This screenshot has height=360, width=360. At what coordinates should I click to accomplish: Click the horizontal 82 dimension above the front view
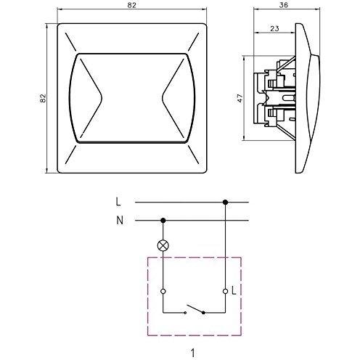(x=132, y=5)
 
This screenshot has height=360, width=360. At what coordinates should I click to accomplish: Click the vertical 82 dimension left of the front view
(x=43, y=98)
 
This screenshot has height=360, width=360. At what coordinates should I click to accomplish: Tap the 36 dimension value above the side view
(x=283, y=5)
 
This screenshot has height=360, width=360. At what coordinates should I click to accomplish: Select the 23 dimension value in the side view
(x=274, y=28)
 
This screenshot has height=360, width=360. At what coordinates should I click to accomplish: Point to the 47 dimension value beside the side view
(x=240, y=98)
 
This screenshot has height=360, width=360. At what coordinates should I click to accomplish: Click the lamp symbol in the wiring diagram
(x=163, y=245)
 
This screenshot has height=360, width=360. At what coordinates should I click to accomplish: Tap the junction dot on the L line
(x=225, y=202)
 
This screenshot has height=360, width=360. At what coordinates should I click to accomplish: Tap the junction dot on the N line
(x=163, y=221)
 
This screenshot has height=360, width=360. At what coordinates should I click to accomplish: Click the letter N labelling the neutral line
(x=120, y=221)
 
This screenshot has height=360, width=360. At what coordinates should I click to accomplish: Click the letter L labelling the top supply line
(x=118, y=202)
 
